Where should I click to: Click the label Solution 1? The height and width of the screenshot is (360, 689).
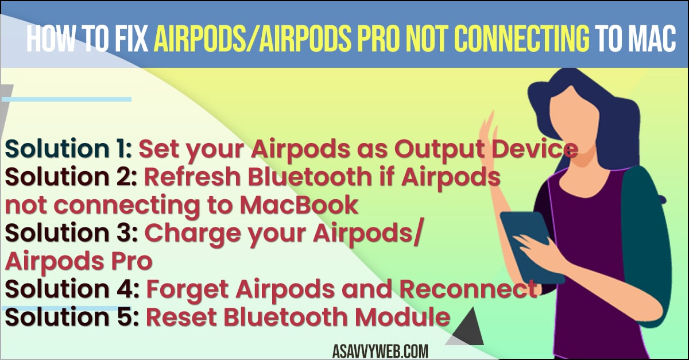pos(68,149)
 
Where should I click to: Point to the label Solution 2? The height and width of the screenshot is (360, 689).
pos(71,177)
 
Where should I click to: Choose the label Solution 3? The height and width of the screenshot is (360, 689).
pos(71,233)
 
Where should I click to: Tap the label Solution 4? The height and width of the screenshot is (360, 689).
pos(72,289)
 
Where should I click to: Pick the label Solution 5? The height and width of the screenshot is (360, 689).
pos(72,317)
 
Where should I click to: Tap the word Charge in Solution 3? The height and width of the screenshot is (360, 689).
pos(192,234)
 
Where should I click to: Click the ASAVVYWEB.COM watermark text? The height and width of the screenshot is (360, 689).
pos(380,351)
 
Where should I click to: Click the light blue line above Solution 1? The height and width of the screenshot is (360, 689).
pos(67,99)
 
